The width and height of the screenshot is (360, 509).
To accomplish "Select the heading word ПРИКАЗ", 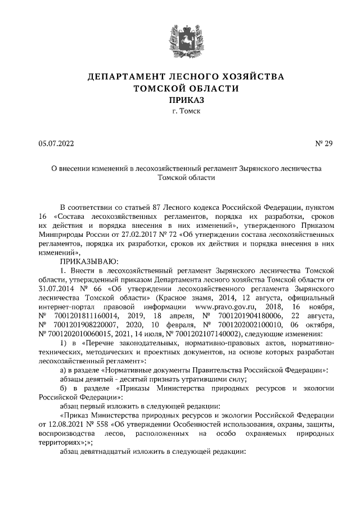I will click(x=180, y=100).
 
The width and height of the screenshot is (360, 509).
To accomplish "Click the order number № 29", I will click(x=325, y=144).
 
